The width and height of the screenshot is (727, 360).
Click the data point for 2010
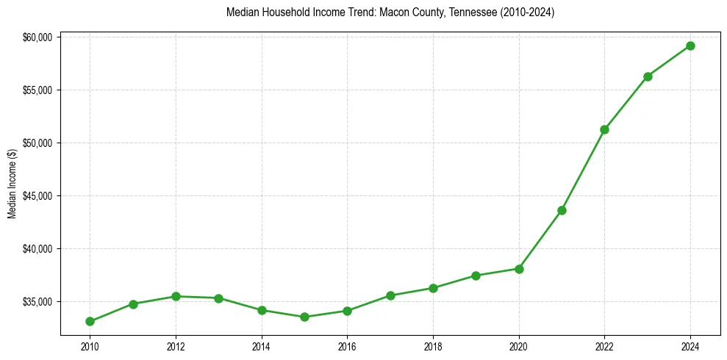(90, 321)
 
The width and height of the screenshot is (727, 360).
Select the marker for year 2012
(176, 296)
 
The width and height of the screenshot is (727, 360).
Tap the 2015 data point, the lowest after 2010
(304, 317)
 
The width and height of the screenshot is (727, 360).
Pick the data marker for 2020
(519, 269)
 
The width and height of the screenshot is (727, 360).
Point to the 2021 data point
(562, 210)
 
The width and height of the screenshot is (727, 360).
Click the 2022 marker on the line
(604, 129)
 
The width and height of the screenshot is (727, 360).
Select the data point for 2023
(648, 76)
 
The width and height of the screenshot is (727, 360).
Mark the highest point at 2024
(690, 46)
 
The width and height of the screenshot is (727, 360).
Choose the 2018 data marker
(433, 288)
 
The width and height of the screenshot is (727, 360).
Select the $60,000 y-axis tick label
(37, 37)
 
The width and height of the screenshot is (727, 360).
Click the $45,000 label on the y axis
(37, 196)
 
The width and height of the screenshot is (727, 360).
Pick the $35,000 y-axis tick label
(37, 302)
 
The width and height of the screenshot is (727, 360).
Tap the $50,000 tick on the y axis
(37, 143)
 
